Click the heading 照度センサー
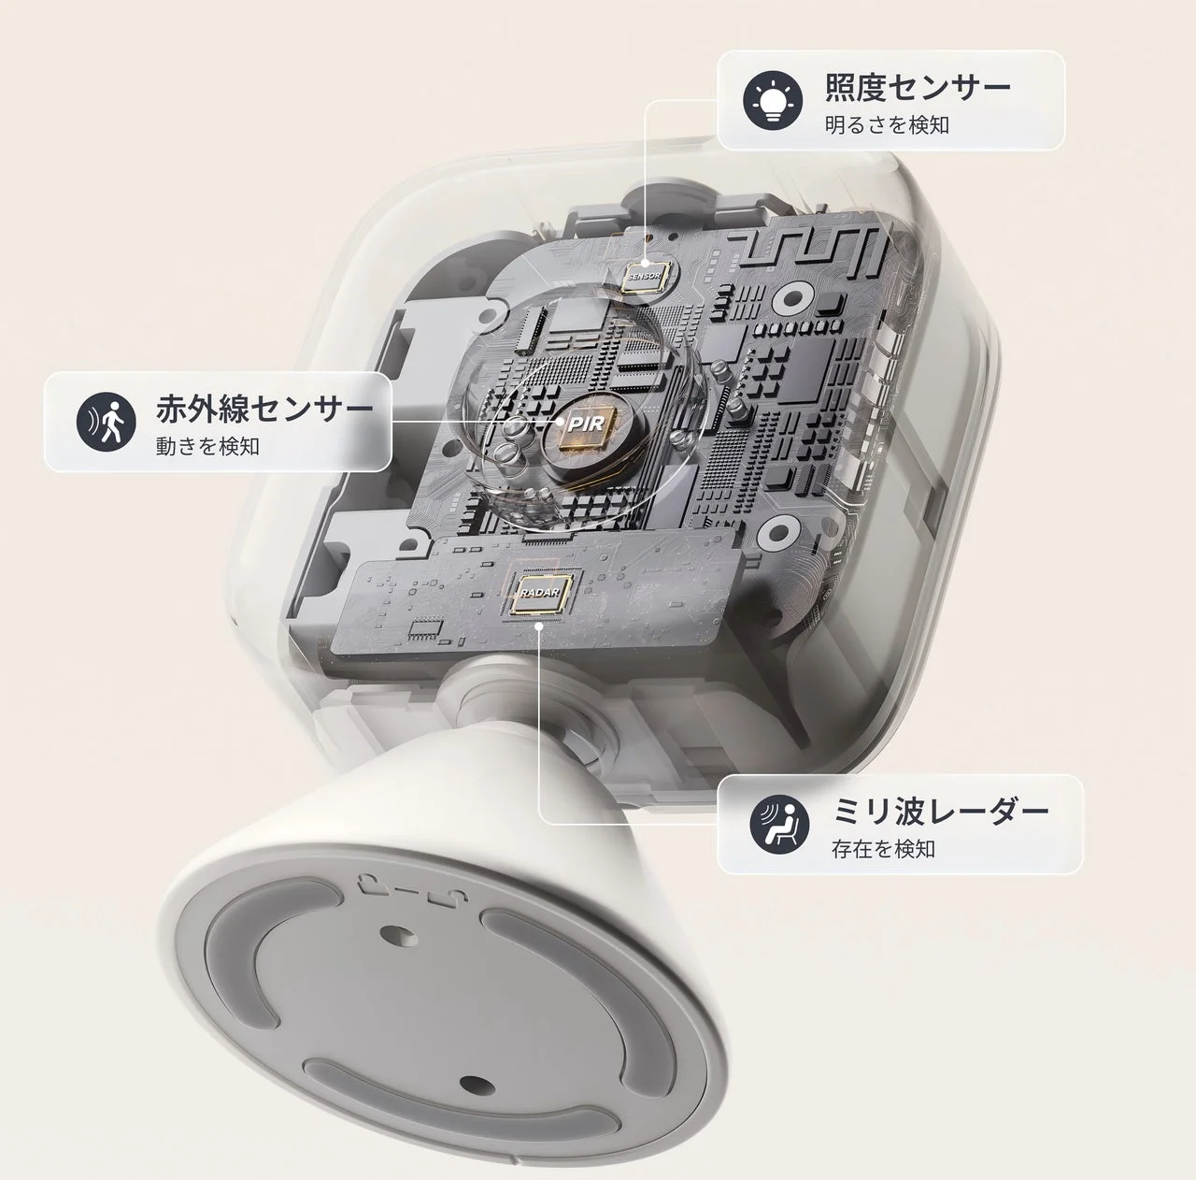coord(918,89)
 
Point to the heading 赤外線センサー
coord(264,410)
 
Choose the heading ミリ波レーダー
coord(940,812)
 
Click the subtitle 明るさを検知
coord(887,124)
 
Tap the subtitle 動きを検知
coord(207,446)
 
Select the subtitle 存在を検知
coord(883,849)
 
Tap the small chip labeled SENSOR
coord(645,276)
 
